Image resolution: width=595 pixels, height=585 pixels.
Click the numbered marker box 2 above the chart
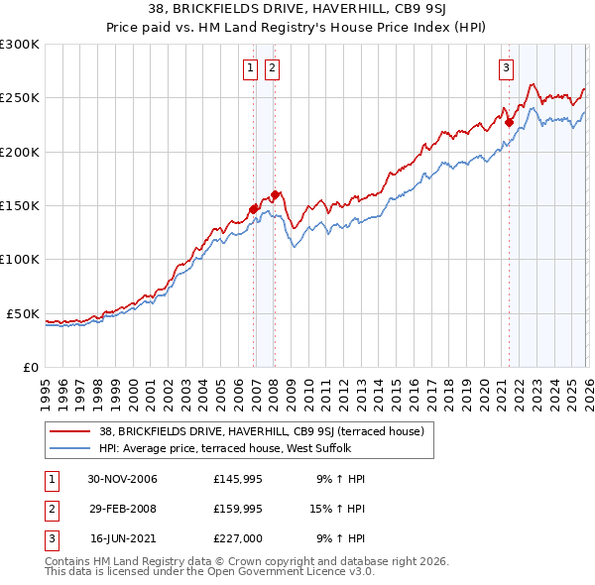coord(271,68)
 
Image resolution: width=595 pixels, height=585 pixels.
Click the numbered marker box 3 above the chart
coord(506,68)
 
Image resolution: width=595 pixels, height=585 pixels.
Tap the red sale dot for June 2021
coord(510,123)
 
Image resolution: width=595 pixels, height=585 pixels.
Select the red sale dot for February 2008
coord(275,194)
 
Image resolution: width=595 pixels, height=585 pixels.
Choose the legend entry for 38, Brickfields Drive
coord(262,431)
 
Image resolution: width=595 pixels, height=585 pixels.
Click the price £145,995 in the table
coord(236,479)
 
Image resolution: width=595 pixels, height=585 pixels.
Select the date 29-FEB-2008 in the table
coord(123,509)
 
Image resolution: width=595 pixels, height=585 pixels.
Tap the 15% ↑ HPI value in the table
coord(339,509)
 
